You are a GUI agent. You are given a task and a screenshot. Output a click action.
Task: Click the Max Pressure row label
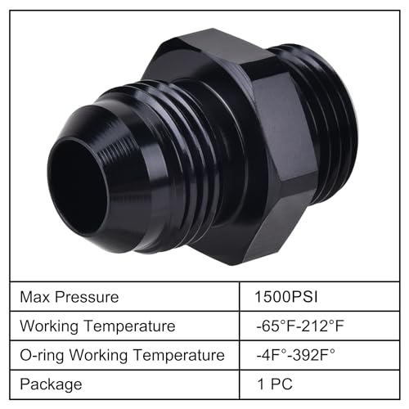pos(71,297)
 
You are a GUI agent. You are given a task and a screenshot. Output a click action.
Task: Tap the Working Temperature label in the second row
pos(98,326)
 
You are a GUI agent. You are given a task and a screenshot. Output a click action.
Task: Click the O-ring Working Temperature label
pos(123,355)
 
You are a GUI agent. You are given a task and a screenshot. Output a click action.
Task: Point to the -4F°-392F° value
pos(295,355)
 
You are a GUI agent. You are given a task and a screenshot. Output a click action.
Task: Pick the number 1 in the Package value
pos(261,384)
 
